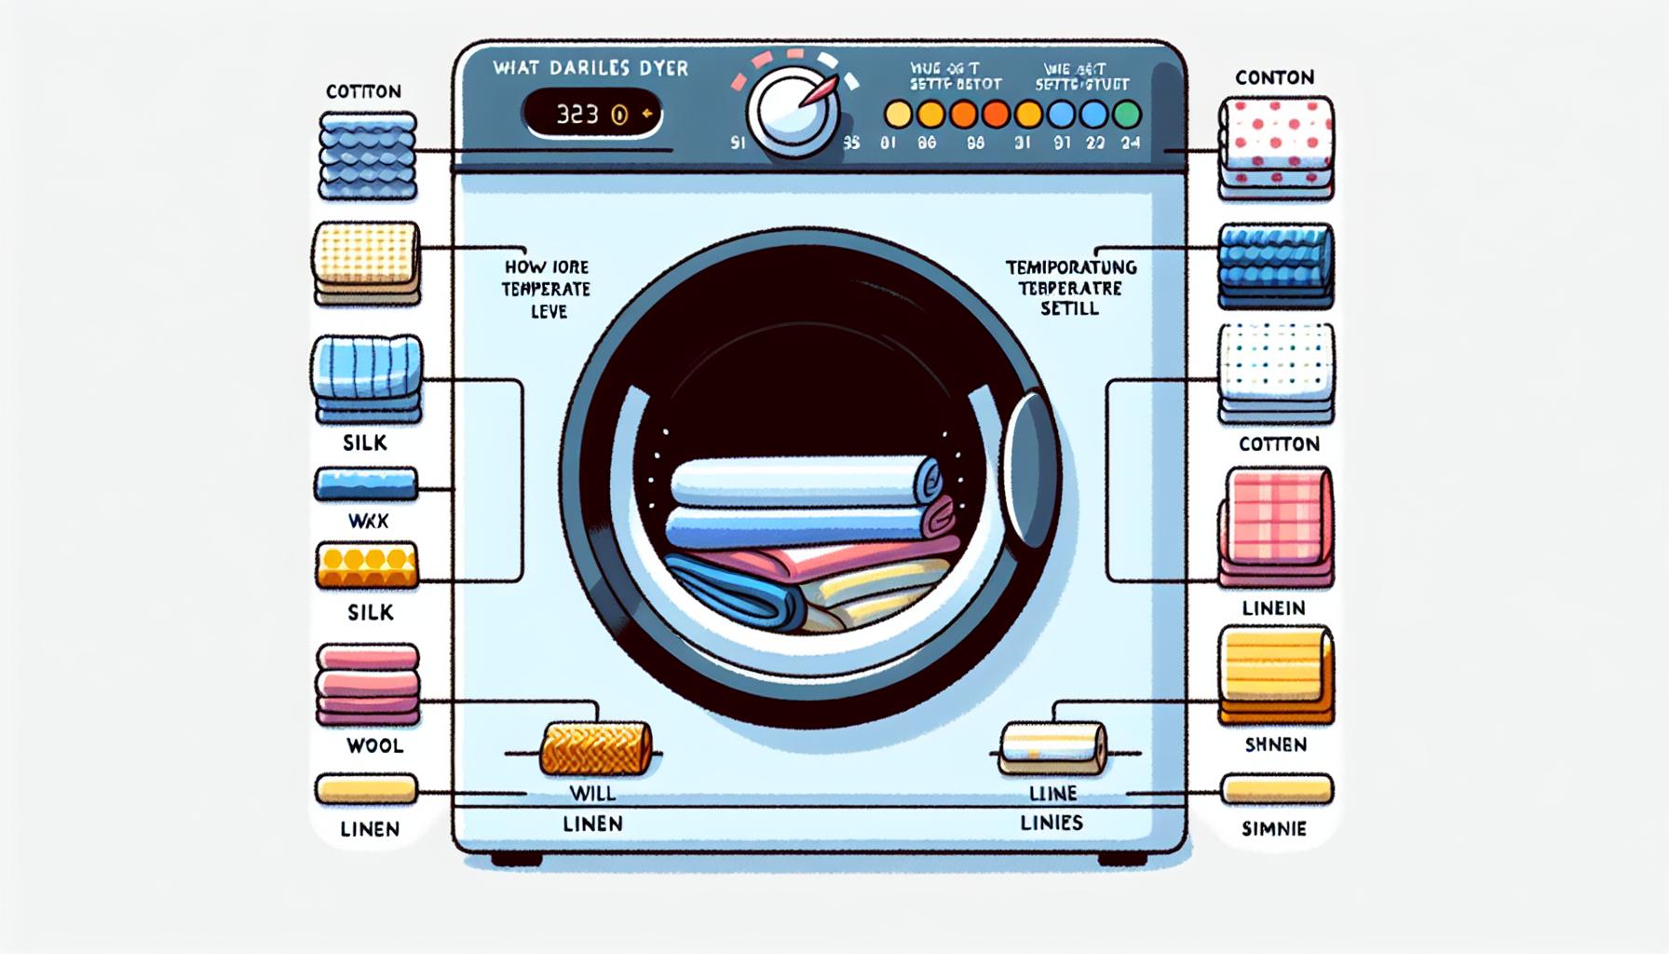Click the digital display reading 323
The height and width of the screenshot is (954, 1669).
point(591,115)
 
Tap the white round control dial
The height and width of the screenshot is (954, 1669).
point(792,114)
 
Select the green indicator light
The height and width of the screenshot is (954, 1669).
point(1127,115)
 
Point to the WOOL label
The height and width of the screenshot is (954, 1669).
point(374,745)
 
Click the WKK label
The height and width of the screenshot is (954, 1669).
point(368,522)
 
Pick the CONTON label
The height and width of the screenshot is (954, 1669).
point(1274,77)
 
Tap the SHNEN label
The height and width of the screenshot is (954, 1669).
point(1275,744)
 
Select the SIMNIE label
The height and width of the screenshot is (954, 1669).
point(1274,828)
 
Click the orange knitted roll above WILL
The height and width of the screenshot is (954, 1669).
point(595,748)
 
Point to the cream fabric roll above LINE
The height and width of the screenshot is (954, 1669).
point(1053,748)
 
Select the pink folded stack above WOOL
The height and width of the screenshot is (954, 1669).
point(368,684)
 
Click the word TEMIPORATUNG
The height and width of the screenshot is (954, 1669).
point(1071,267)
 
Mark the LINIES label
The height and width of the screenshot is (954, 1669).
point(1052,823)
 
